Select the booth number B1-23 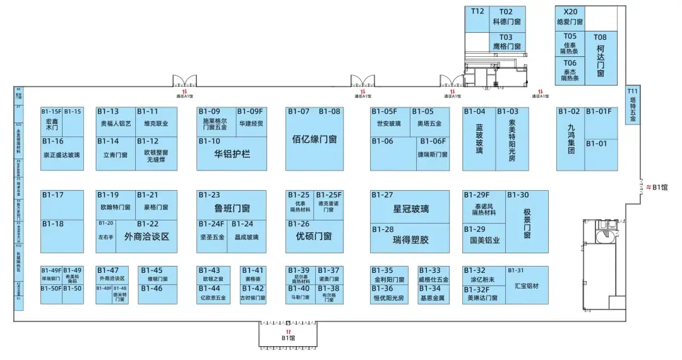[209, 195]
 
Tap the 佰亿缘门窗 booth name [314, 139]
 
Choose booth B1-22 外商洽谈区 [147, 237]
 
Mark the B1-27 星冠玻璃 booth [410, 208]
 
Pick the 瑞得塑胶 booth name [410, 240]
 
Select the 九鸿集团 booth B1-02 [570, 139]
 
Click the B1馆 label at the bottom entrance [288, 338]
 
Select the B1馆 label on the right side [660, 187]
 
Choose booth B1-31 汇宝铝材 [526, 285]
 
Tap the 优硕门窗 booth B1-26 [314, 236]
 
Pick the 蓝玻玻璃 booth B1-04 [479, 139]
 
